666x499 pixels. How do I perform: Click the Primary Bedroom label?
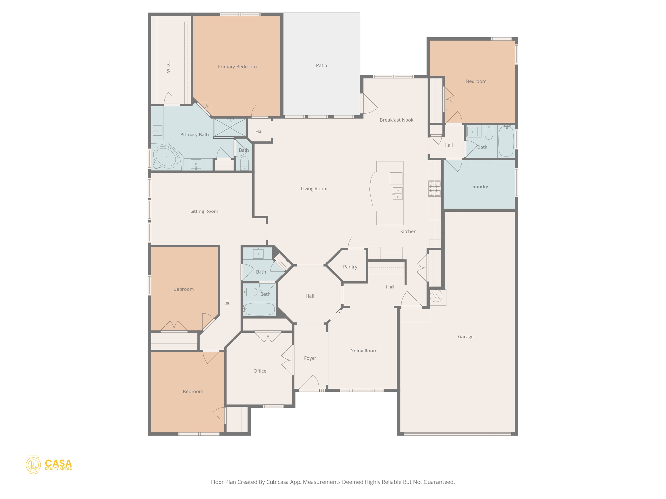(237, 67)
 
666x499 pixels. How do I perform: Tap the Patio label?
(321, 65)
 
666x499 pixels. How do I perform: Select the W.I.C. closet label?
(168, 67)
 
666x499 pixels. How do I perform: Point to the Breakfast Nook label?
(396, 120)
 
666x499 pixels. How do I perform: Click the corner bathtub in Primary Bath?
(166, 157)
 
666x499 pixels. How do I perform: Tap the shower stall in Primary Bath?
(230, 128)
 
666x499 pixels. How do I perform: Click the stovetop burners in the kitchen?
(434, 188)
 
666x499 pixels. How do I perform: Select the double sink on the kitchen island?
(397, 194)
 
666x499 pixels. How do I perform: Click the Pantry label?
(350, 267)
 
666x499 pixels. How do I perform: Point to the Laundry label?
(479, 186)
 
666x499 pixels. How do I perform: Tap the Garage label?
(465, 337)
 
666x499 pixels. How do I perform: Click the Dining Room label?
(363, 351)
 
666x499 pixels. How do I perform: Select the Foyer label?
(310, 358)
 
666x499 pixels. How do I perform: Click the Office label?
(260, 371)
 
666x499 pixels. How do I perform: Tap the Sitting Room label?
(204, 211)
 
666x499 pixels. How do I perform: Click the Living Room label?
(314, 188)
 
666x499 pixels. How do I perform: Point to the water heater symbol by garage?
(436, 296)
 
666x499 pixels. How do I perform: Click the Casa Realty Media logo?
(49, 465)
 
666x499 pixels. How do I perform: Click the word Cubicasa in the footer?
(278, 482)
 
